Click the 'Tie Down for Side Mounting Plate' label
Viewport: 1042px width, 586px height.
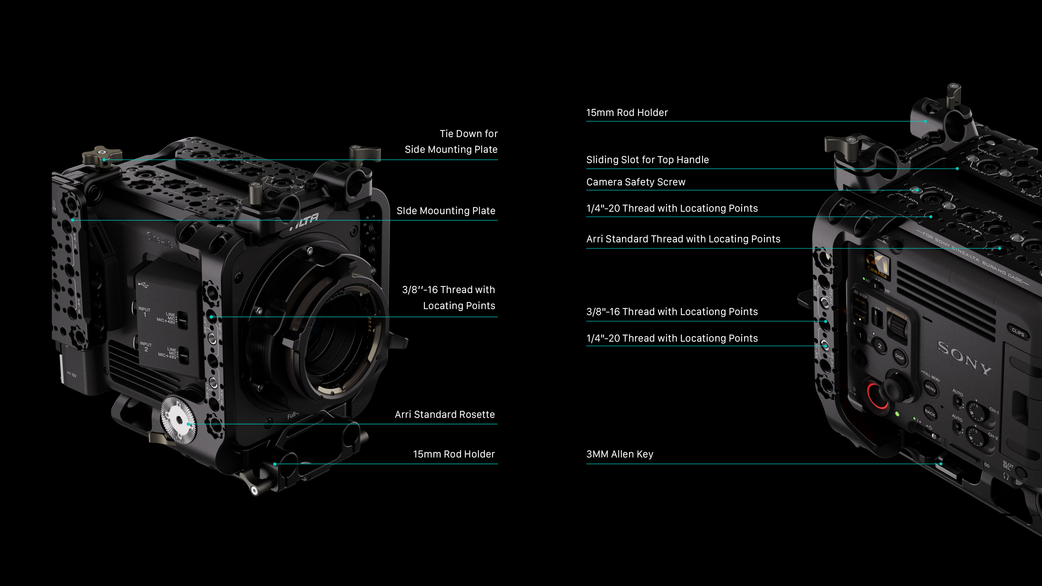(451, 142)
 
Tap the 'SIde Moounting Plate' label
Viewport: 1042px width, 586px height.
(446, 211)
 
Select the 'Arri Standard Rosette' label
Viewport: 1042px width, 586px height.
(444, 415)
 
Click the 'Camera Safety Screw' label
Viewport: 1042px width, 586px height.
(636, 182)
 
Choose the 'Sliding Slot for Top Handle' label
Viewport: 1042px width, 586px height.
(647, 160)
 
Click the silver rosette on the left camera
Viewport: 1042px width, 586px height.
(178, 420)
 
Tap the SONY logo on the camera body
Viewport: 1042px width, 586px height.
(964, 358)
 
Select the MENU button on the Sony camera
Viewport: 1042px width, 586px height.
(930, 388)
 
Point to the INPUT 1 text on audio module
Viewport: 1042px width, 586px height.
(144, 312)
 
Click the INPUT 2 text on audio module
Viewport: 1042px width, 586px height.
(146, 347)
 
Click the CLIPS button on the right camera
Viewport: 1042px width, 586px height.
(1018, 332)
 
